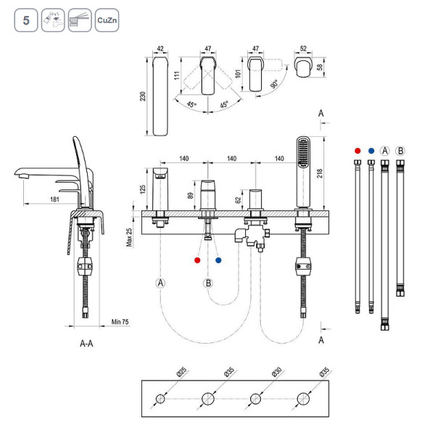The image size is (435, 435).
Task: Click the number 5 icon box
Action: tap(25, 20)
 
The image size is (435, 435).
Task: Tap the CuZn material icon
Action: tap(104, 20)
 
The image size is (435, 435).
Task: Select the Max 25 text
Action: tap(129, 234)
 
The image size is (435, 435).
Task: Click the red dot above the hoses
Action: tap(357, 152)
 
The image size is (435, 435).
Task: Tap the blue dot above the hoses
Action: tap(371, 152)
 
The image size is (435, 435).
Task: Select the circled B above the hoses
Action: tap(400, 152)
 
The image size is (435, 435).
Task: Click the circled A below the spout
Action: tap(159, 283)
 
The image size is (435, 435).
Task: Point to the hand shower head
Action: tap(302, 154)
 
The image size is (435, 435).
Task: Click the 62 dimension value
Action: tap(239, 200)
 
